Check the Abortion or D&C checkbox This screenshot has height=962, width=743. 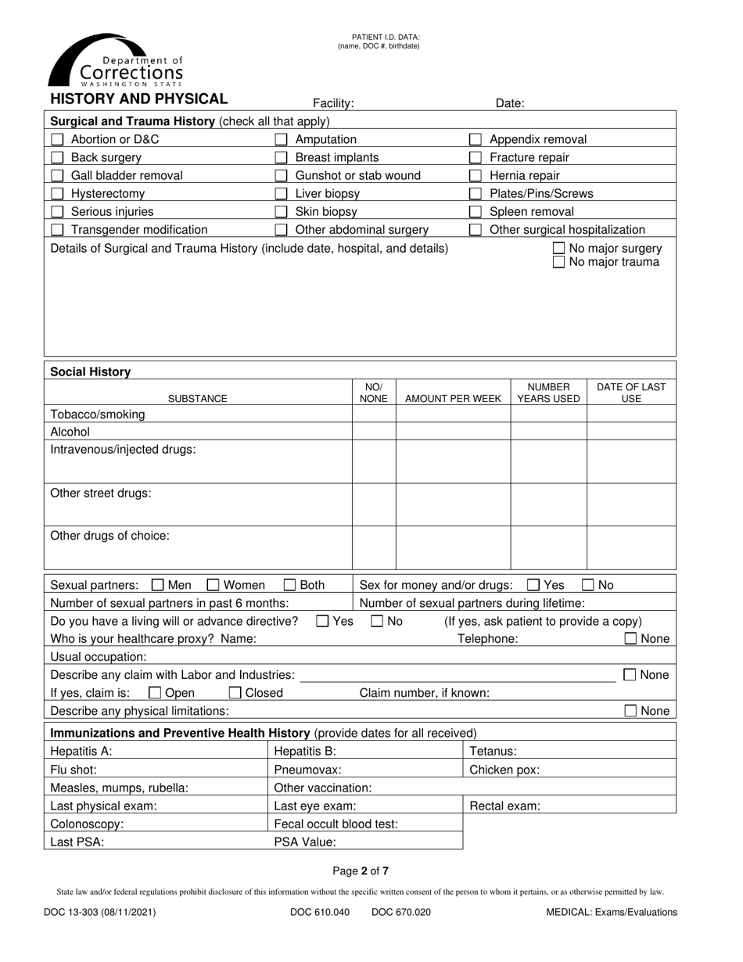(57, 139)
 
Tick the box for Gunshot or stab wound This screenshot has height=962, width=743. (281, 175)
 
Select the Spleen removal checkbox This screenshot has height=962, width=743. (475, 211)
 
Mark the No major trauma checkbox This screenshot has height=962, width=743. (558, 262)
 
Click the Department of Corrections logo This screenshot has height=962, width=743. (117, 61)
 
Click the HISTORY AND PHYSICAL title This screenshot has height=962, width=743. (139, 99)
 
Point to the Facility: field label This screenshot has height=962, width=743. (333, 103)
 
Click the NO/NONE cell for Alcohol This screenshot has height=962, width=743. (374, 432)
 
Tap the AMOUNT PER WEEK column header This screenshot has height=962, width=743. (453, 399)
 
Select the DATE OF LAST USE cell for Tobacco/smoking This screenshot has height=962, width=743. (631, 414)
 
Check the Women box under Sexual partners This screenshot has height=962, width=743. (213, 584)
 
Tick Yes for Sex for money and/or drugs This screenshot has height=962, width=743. (533, 584)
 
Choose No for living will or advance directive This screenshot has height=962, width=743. (376, 621)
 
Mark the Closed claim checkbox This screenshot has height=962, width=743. (235, 692)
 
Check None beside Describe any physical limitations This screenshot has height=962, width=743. (630, 711)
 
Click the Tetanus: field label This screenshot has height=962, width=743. (493, 752)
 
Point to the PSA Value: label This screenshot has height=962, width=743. (305, 842)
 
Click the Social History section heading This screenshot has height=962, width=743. (91, 372)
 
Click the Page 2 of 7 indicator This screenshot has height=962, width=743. (361, 870)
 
